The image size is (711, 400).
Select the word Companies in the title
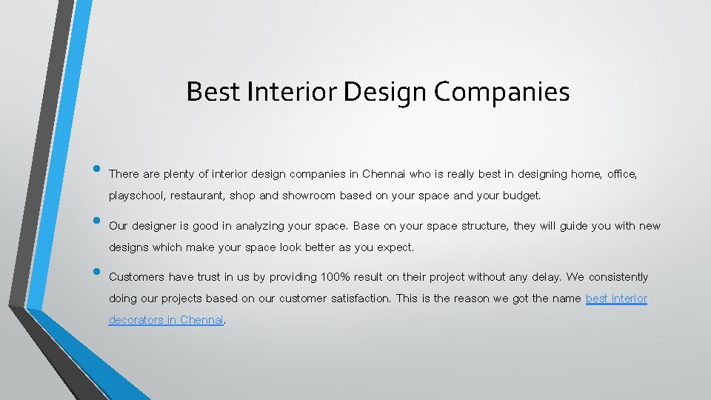point(501,92)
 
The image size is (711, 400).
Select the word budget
point(522,196)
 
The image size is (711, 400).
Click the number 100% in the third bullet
point(338,277)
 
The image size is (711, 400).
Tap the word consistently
point(618,277)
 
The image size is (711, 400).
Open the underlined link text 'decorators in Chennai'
point(166,320)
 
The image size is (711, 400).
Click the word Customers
point(136,277)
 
